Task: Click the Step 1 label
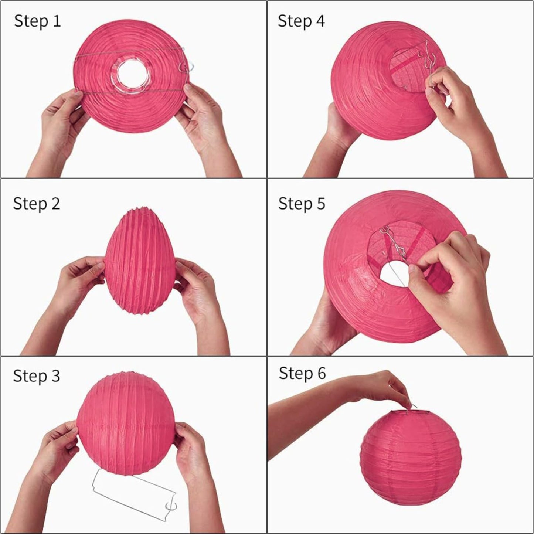[37, 21]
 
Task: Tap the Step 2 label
[36, 204]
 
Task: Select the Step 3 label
[36, 376]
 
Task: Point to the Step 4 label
[301, 21]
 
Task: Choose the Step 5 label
[301, 204]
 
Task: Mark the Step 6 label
[302, 373]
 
